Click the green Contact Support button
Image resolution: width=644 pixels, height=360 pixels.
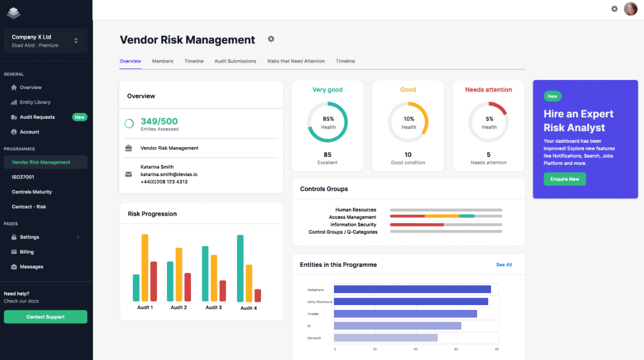tap(45, 317)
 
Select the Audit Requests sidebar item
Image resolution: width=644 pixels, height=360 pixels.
tap(37, 117)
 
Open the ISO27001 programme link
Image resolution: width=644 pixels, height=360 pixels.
tap(23, 177)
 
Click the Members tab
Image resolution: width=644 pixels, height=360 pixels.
tap(162, 61)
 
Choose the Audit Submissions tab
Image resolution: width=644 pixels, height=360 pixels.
tap(235, 61)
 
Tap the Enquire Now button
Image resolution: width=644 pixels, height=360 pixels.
tap(565, 179)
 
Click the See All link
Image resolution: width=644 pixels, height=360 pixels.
tap(504, 265)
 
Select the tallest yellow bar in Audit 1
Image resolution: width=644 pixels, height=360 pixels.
tap(145, 268)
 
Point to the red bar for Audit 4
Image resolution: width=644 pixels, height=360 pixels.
tap(258, 295)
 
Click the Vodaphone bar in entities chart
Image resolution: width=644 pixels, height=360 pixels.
tap(412, 290)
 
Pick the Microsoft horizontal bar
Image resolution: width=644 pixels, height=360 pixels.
tap(385, 338)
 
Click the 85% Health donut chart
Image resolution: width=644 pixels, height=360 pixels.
tap(328, 122)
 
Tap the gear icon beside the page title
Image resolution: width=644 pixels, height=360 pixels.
tap(271, 39)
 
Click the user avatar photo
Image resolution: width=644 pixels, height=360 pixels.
tap(631, 9)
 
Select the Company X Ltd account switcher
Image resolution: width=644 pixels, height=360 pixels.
tap(45, 41)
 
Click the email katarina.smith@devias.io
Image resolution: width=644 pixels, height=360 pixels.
tap(169, 174)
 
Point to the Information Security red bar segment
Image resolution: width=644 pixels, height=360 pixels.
tap(417, 225)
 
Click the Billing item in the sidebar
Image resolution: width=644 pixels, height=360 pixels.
tap(27, 252)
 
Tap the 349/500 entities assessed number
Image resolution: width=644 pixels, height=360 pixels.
tap(159, 122)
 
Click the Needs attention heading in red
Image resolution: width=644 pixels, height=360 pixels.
tap(488, 90)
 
